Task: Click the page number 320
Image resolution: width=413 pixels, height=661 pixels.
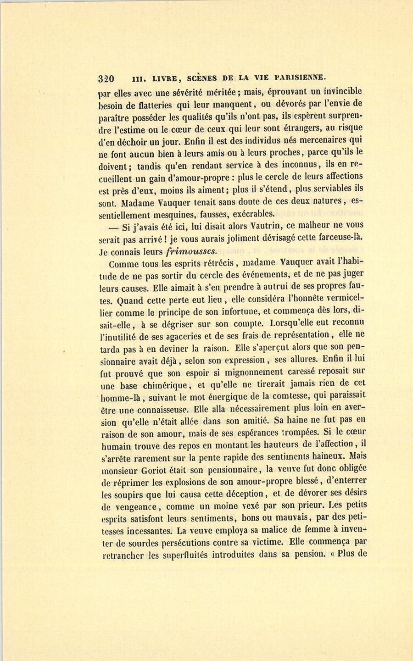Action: click(106, 78)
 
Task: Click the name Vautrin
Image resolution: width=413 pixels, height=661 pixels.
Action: click(268, 225)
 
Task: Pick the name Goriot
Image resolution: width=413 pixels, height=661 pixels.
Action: click(159, 470)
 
